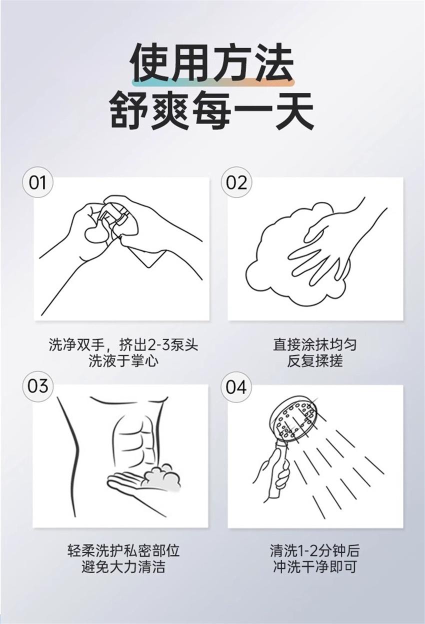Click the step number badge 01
(37, 182)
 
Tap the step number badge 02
(236, 182)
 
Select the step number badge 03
(37, 386)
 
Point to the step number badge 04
(236, 386)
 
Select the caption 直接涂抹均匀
(315, 344)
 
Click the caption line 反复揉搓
(315, 361)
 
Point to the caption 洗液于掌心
(123, 361)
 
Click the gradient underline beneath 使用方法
(213, 82)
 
